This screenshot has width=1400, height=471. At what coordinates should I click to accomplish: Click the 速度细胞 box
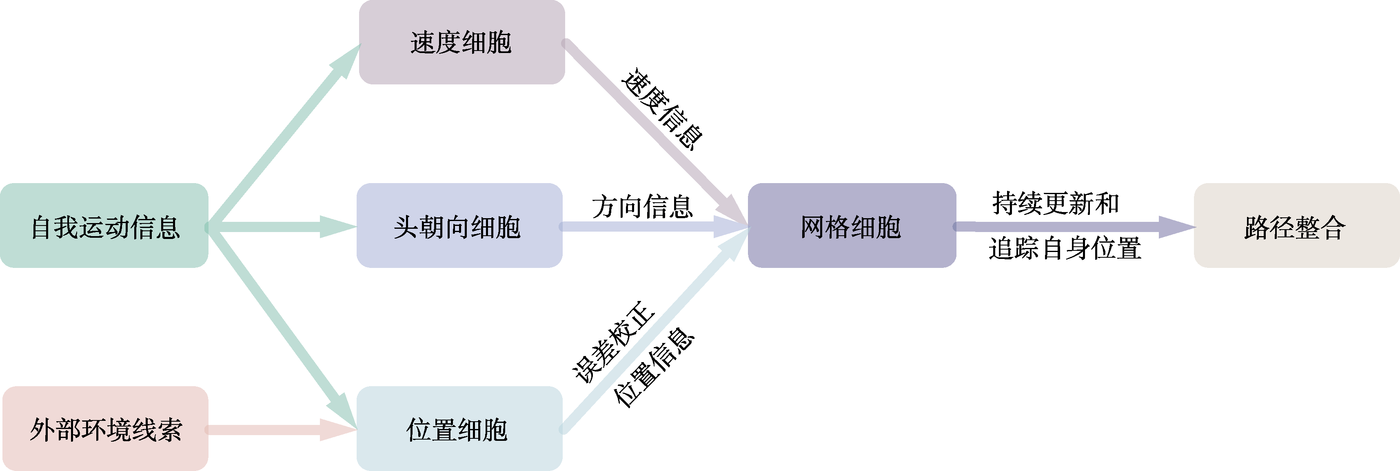(462, 42)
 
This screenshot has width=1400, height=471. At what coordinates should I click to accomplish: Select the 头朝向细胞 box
(459, 226)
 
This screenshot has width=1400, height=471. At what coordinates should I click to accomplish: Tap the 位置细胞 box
(459, 429)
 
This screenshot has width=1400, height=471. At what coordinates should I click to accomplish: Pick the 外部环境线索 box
(105, 429)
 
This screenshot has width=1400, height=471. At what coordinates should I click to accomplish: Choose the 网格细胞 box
(852, 226)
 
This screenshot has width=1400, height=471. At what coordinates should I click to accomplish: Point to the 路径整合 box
(1297, 226)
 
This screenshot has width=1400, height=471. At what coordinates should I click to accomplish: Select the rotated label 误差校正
(614, 342)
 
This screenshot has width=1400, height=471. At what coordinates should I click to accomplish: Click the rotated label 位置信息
(654, 367)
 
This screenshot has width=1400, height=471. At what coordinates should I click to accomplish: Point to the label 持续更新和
(1056, 203)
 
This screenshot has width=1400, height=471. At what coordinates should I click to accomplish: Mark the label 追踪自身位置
(1065, 249)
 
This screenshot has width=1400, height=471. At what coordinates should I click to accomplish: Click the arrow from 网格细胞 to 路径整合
(1074, 227)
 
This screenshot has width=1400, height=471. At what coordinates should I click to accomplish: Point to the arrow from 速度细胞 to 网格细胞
(655, 135)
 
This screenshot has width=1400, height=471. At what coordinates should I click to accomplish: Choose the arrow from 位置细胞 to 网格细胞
(655, 331)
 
